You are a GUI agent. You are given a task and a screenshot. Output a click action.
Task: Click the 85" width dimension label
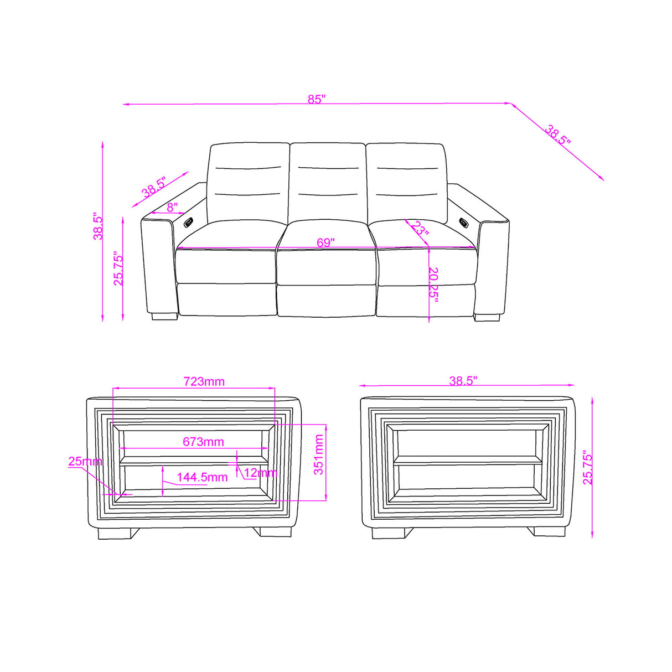(317, 100)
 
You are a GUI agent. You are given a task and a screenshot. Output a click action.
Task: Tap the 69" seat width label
(325, 243)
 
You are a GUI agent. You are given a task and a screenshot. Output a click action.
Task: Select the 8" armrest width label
(172, 208)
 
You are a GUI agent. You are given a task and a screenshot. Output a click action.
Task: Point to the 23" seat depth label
(420, 229)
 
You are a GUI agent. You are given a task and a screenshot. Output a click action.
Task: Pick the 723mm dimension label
(204, 381)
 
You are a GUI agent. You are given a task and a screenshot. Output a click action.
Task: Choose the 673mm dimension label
(203, 442)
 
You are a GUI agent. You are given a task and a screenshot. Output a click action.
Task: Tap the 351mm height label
(319, 454)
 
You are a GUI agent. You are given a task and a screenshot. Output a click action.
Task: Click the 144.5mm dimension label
(202, 477)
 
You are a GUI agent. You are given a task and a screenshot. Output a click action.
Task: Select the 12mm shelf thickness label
(260, 473)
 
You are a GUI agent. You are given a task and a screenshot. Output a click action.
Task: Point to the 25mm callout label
(85, 461)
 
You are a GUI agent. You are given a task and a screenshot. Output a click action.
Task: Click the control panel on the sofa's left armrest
(188, 223)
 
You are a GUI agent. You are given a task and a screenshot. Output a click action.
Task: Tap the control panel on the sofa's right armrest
(463, 223)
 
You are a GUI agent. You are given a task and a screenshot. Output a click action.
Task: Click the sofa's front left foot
(164, 317)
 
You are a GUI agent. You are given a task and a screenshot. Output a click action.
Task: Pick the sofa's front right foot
(487, 318)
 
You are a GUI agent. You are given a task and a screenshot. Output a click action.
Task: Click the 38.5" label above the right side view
(463, 381)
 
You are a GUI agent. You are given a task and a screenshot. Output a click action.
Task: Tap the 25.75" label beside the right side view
(588, 468)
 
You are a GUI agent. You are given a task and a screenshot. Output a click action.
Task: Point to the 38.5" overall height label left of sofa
(98, 225)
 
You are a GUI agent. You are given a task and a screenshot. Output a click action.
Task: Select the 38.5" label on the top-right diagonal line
(557, 135)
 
